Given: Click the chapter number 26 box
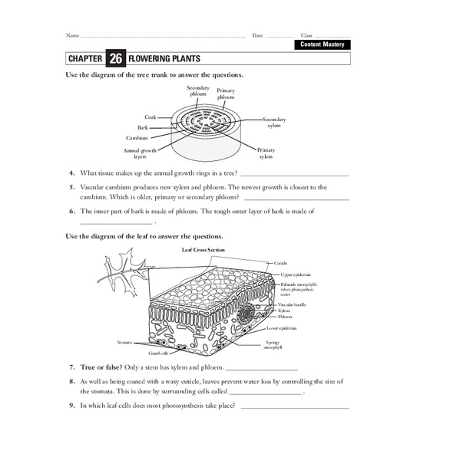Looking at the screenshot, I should (115, 58).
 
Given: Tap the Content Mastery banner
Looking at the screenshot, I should (323, 45).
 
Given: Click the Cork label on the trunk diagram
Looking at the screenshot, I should (151, 117).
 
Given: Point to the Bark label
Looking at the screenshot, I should (143, 127).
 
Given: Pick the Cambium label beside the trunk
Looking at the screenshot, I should (138, 138).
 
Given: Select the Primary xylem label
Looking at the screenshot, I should (266, 153).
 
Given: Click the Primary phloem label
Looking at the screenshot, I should (226, 94).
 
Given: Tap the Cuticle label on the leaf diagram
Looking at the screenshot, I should (280, 263).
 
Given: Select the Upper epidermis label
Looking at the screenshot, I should (296, 274).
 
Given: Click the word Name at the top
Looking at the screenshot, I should (72, 35).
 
